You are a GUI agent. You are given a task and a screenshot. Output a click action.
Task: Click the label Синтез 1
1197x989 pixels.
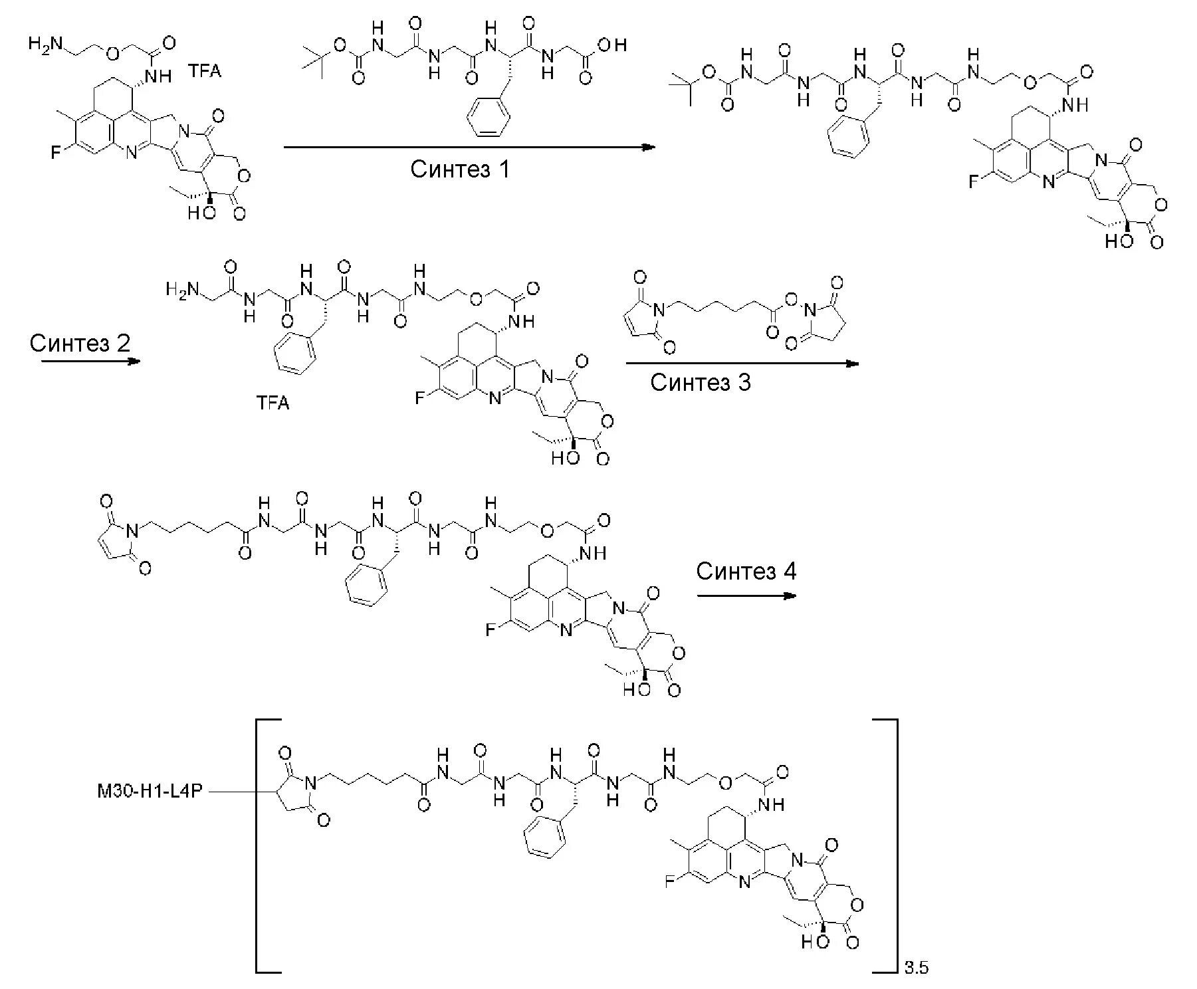(460, 169)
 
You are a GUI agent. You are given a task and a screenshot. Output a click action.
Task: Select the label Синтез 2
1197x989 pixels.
(80, 343)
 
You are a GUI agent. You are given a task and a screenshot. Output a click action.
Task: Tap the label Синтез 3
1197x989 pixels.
(701, 382)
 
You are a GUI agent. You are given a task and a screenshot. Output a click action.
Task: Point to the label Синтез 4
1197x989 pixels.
(746, 571)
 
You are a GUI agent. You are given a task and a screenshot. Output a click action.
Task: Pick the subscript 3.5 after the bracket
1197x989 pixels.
(916, 968)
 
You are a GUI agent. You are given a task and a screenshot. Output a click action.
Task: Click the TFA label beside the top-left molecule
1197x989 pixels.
(204, 71)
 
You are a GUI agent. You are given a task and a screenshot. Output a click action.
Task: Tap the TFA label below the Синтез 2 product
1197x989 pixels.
(273, 403)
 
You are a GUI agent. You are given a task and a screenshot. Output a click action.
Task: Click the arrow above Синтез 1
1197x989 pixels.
(469, 147)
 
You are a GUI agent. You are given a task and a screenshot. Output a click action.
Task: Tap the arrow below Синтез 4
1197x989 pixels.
(746, 596)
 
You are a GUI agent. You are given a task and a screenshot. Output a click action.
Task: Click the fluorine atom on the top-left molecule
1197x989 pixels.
(56, 153)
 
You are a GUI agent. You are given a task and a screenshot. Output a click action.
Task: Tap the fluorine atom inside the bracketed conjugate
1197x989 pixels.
(670, 882)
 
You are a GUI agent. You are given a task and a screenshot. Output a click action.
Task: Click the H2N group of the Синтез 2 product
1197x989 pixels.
(181, 290)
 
